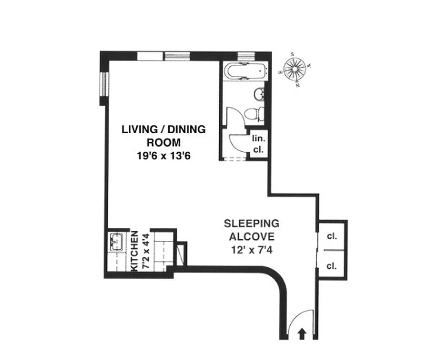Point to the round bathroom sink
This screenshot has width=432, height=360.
click(x=259, y=94)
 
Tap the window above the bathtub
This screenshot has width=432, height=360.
click(x=246, y=56)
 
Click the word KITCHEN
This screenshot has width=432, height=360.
click(x=134, y=251)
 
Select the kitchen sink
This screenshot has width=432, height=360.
click(x=117, y=242)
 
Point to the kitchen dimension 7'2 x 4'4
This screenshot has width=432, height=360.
click(x=145, y=251)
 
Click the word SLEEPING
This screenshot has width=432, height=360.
click(x=252, y=223)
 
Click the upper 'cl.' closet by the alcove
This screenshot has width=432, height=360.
click(x=332, y=235)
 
